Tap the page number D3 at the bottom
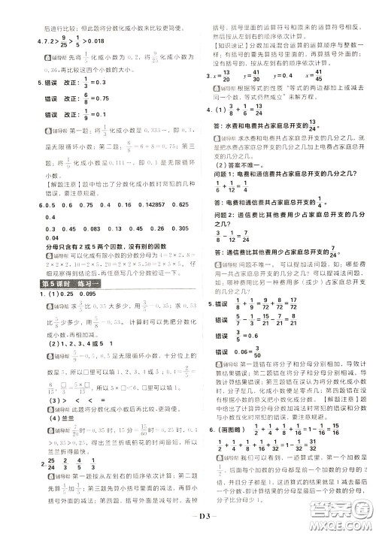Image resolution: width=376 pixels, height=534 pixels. [x=188, y=518]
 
